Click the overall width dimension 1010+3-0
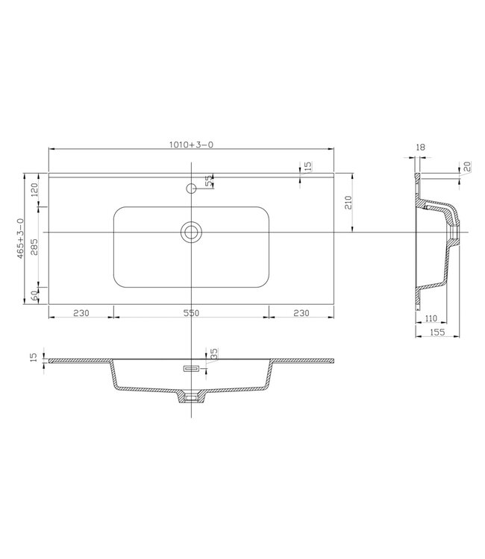[x=191, y=145]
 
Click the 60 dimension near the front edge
[x=34, y=295]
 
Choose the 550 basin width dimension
[x=191, y=314]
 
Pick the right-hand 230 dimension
[x=301, y=314]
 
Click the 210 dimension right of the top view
[x=348, y=202]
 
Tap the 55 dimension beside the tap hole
[x=210, y=180]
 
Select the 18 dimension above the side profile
[x=420, y=148]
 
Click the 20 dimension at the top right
[x=466, y=167]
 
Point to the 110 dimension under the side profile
[x=431, y=319]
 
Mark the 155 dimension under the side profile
[x=438, y=333]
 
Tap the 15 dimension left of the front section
[x=33, y=358]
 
